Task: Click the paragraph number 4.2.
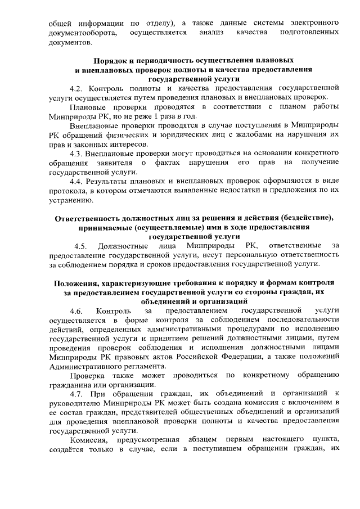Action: click(77, 88)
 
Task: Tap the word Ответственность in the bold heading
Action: click(91, 218)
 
